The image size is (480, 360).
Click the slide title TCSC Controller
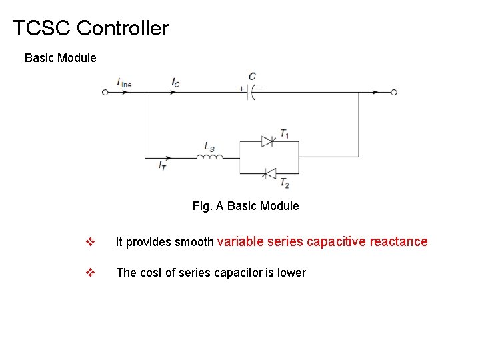[x=91, y=29]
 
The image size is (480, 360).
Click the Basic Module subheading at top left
[x=60, y=58]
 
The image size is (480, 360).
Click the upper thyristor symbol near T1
[x=268, y=141]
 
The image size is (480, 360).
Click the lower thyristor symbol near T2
[x=268, y=173]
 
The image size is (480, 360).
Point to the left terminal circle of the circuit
[x=105, y=93]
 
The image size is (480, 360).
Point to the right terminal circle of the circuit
[x=394, y=93]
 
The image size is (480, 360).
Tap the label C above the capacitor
[x=252, y=77]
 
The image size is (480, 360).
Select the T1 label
[x=285, y=133]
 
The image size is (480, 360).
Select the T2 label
[x=285, y=183]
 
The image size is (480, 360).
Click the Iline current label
[x=124, y=83]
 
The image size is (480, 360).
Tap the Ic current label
[x=175, y=83]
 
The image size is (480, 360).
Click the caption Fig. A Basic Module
[x=245, y=206]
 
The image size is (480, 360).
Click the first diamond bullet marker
[x=91, y=242]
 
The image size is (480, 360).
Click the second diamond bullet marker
[x=91, y=273]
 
